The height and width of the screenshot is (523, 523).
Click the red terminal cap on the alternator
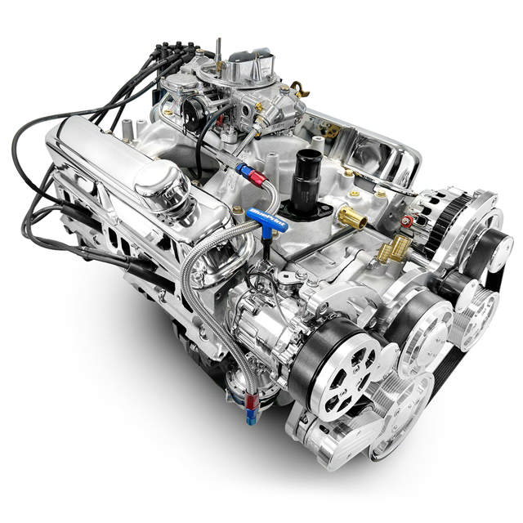click(x=406, y=221)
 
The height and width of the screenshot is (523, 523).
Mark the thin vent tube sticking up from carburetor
click(x=219, y=47)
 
